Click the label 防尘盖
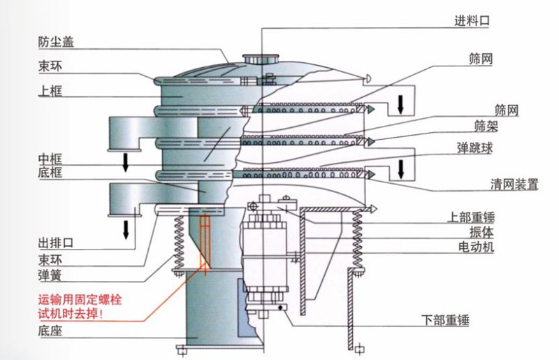click(x=55, y=42)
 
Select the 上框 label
click(x=48, y=91)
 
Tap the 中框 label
click(x=48, y=158)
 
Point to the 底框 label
click(x=48, y=173)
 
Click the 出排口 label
click(x=55, y=244)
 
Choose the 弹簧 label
click(x=48, y=275)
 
